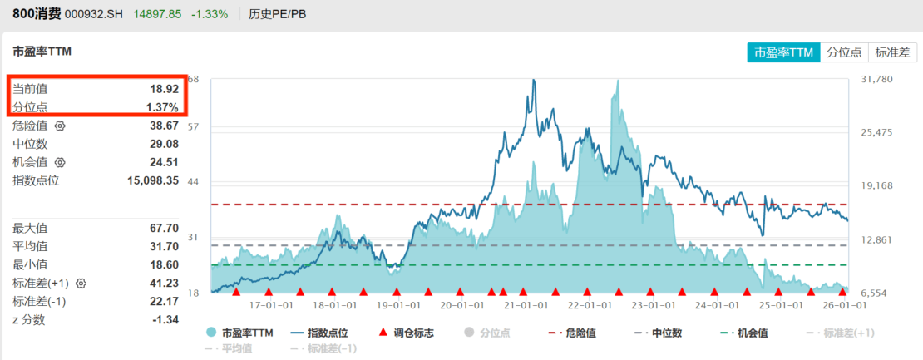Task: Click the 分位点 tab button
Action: click(845, 52)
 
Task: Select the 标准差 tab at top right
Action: click(893, 52)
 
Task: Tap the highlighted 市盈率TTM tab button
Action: click(782, 52)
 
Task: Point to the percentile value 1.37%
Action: click(162, 107)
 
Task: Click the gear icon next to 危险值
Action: click(59, 126)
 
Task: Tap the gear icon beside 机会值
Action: click(59, 163)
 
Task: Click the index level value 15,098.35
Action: click(153, 180)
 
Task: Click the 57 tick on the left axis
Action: click(194, 127)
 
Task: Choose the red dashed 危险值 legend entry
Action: click(573, 333)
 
